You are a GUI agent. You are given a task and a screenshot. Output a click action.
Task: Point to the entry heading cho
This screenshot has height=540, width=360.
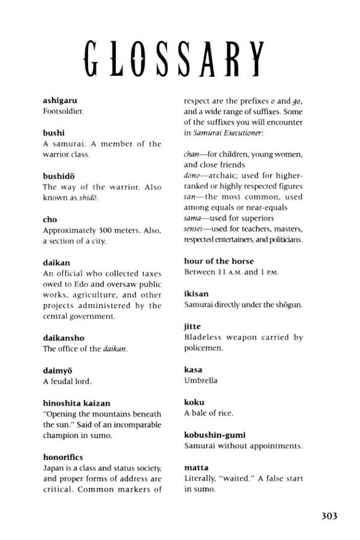pyautogui.click(x=50, y=220)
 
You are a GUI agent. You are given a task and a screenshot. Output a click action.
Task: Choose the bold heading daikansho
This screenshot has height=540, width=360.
pyautogui.click(x=63, y=338)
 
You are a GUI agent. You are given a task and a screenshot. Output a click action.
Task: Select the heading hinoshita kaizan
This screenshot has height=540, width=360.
pyautogui.click(x=77, y=403)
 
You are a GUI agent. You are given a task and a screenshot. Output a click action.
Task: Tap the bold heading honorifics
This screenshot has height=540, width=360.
pyautogui.click(x=63, y=457)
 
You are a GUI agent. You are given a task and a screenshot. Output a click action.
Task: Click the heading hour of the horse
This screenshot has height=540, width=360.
pyautogui.click(x=219, y=261)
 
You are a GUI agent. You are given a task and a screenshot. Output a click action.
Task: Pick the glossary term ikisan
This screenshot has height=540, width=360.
pyautogui.click(x=196, y=294)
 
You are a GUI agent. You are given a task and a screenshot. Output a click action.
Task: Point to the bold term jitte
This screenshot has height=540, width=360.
pyautogui.click(x=192, y=327)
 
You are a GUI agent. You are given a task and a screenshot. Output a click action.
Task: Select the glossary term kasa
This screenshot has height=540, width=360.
pyautogui.click(x=193, y=370)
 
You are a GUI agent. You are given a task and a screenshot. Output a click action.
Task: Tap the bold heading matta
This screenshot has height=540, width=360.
pyautogui.click(x=196, y=467)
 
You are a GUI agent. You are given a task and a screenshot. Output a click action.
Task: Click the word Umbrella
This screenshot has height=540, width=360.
pyautogui.click(x=201, y=381)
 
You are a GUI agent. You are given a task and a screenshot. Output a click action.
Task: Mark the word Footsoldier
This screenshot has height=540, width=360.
pyautogui.click(x=63, y=111)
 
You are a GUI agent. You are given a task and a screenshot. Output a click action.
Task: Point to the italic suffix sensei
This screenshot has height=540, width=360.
pyautogui.click(x=194, y=229)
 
